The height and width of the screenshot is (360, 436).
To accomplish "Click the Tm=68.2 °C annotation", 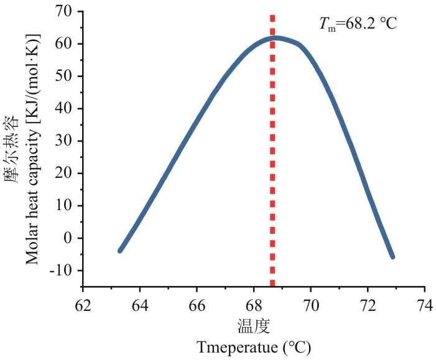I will pos(358,24).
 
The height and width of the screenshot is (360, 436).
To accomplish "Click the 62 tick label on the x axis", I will pos(83,306).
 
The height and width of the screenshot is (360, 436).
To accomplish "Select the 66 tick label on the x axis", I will pos(197,306).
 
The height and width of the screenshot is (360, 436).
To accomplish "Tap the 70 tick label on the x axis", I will pos(311,306).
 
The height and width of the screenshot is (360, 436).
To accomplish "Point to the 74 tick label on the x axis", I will pos(425,306).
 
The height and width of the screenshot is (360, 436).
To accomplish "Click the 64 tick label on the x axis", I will pos(140,306).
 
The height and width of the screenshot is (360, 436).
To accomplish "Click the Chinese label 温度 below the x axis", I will pos(254,326).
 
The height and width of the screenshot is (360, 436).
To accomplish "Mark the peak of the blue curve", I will pos(276,38).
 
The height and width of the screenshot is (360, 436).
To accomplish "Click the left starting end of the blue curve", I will pos(120,251).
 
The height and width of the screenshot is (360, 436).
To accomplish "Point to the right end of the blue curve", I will pos(392,256).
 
